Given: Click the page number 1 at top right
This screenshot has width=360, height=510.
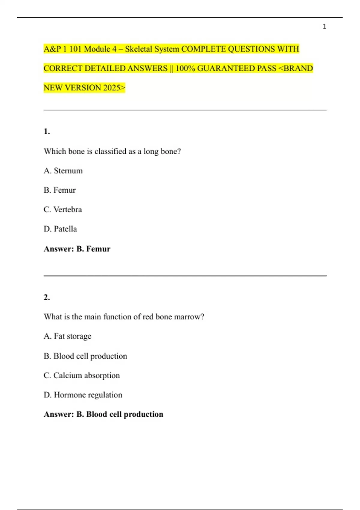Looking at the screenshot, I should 324,27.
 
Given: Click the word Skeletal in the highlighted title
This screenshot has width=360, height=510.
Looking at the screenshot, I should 139,49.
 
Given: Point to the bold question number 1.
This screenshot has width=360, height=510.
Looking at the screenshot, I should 46,131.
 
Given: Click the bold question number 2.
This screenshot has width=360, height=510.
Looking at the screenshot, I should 46,297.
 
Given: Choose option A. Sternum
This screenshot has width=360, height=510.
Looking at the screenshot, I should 63,171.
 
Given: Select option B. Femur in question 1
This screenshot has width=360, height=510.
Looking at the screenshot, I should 59,190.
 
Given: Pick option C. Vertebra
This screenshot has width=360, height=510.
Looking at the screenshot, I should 62,209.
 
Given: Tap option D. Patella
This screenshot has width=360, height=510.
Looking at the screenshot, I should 60,229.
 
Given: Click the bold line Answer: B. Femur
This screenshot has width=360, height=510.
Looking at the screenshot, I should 77,249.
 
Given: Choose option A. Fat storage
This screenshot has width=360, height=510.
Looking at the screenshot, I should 67,336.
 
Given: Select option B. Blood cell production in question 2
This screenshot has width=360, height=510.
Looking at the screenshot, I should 85,356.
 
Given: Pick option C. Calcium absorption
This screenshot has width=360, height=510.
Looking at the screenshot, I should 82,375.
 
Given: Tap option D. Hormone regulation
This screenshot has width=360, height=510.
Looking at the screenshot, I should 83,395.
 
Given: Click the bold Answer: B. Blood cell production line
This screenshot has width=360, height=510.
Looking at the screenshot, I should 103,414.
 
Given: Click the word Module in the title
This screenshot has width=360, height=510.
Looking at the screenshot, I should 97,49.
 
